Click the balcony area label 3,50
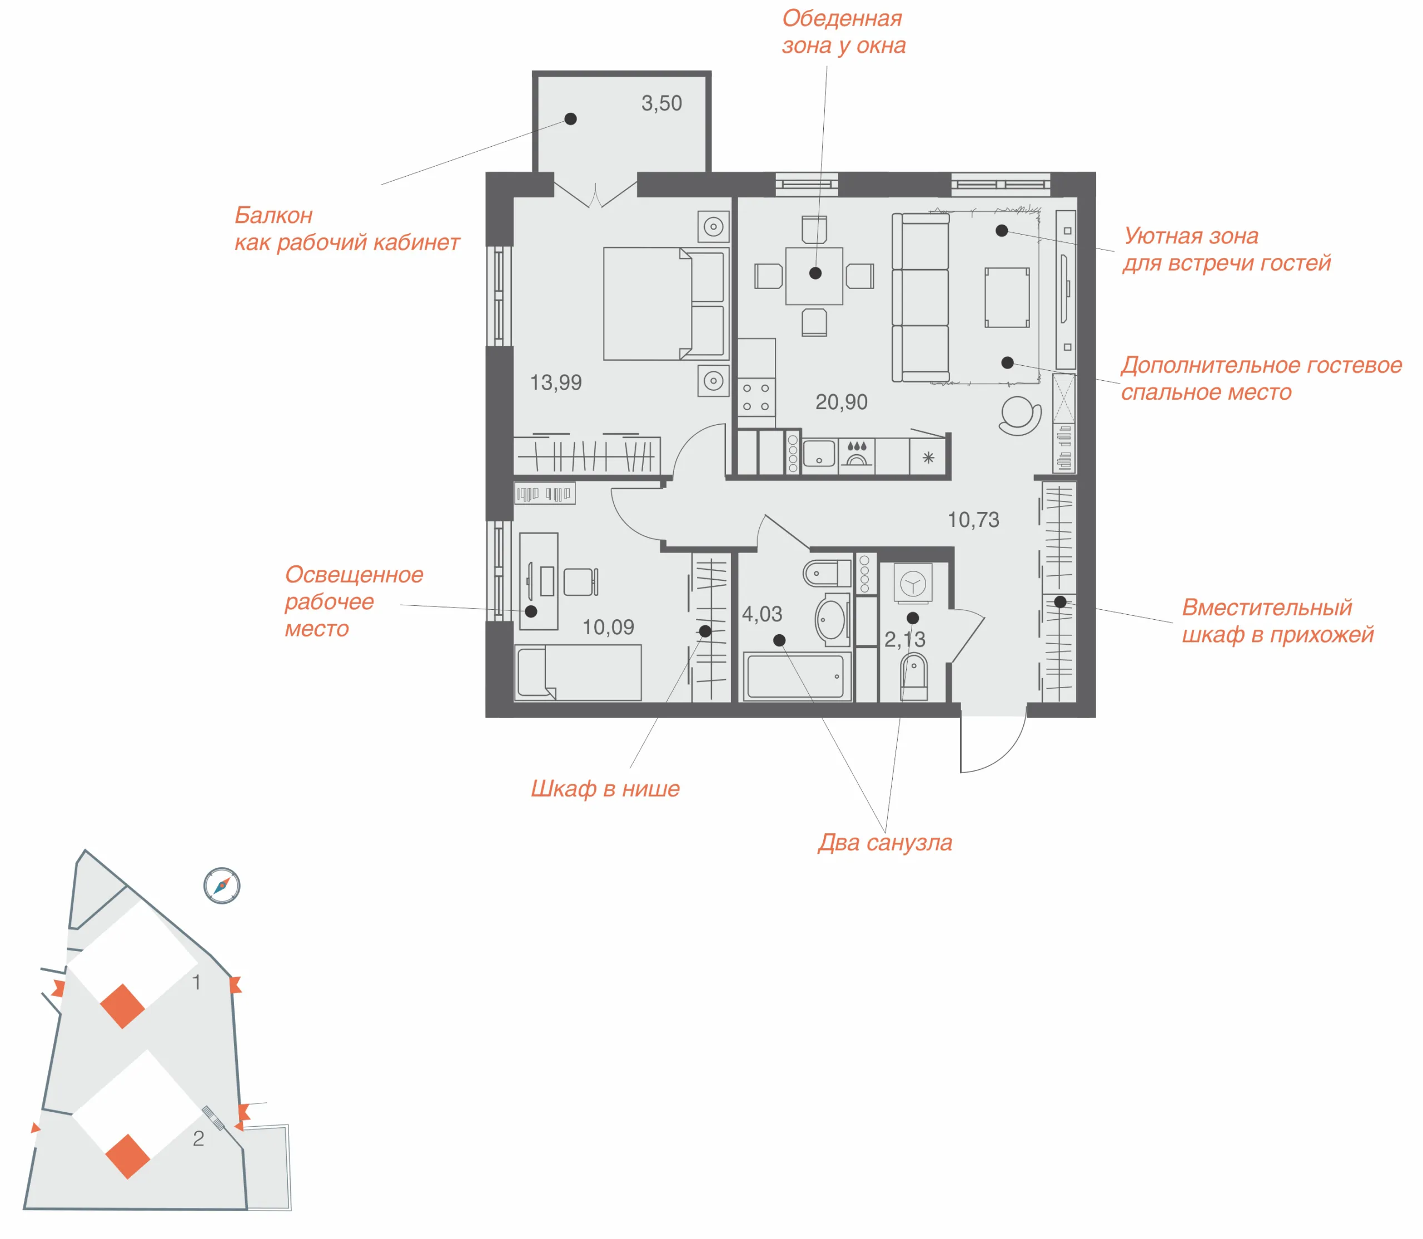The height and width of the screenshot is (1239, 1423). pos(661,104)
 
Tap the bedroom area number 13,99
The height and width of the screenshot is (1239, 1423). pos(555,382)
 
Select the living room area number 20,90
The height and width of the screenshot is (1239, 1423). pos(841,402)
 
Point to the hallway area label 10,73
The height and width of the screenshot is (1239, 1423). pos(973,519)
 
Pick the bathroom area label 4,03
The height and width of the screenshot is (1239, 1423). pos(762,614)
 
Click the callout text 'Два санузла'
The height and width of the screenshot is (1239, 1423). pos(884,843)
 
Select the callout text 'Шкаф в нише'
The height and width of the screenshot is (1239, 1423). pos(605,789)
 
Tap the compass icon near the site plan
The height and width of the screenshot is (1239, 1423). pos(222,885)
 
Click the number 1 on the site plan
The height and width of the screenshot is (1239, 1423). pos(196,983)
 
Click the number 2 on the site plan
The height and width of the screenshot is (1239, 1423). pos(198,1139)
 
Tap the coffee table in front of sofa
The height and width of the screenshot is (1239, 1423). pos(1007,297)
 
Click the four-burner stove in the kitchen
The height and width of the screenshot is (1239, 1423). pos(756,397)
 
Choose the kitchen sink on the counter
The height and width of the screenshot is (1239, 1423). pos(819,454)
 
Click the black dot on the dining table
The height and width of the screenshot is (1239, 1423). pos(815,273)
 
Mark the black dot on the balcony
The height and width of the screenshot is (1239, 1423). pos(570,119)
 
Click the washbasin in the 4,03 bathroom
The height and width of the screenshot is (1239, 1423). pos(832,619)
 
